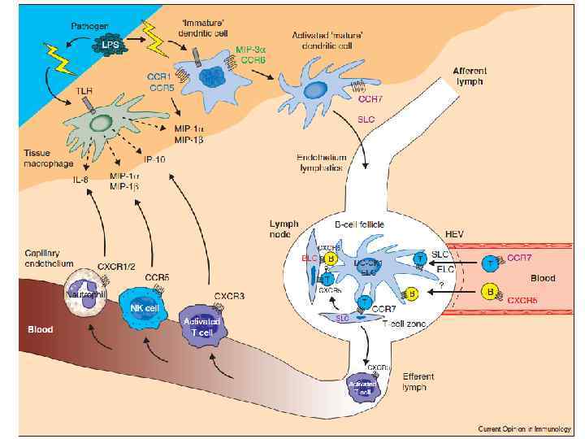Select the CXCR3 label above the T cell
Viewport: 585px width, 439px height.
tap(230, 296)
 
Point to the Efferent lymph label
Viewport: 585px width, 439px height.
tap(419, 382)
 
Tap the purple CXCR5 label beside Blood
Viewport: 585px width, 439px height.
tap(526, 300)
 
